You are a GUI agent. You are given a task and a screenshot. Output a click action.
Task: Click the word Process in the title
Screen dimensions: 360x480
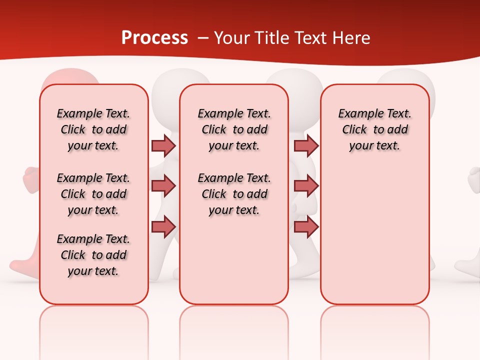pyautogui.click(x=154, y=38)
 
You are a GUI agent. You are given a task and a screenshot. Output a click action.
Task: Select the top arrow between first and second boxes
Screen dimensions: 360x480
pyautogui.click(x=163, y=145)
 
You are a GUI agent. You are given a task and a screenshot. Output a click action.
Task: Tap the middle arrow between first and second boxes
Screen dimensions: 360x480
pyautogui.click(x=163, y=186)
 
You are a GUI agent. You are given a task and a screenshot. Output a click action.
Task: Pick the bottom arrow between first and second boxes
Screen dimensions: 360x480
pyautogui.click(x=163, y=226)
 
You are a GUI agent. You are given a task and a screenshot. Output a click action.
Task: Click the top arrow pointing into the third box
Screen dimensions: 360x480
pyautogui.click(x=306, y=145)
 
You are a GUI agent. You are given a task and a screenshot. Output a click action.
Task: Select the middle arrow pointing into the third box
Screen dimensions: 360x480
pyautogui.click(x=306, y=186)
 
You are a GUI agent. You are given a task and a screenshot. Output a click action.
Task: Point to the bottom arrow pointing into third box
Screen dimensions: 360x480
pyautogui.click(x=306, y=226)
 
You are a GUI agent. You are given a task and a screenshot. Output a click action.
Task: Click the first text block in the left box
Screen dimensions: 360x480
pyautogui.click(x=93, y=129)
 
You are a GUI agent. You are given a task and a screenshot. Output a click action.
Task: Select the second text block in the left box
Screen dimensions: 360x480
pyautogui.click(x=93, y=194)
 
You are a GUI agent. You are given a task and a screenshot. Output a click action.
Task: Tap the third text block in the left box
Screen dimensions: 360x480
pyautogui.click(x=93, y=255)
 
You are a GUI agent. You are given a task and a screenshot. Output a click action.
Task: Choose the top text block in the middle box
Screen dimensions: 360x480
pyautogui.click(x=234, y=129)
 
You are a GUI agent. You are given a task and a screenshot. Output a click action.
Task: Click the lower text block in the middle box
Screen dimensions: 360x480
pyautogui.click(x=234, y=194)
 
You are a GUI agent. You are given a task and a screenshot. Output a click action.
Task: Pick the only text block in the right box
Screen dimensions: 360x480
pyautogui.click(x=374, y=129)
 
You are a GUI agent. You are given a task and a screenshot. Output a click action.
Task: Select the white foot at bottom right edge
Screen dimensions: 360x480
pyautogui.click(x=467, y=265)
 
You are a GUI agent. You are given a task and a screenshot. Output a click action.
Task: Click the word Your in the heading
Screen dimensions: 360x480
pyautogui.click(x=232, y=38)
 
